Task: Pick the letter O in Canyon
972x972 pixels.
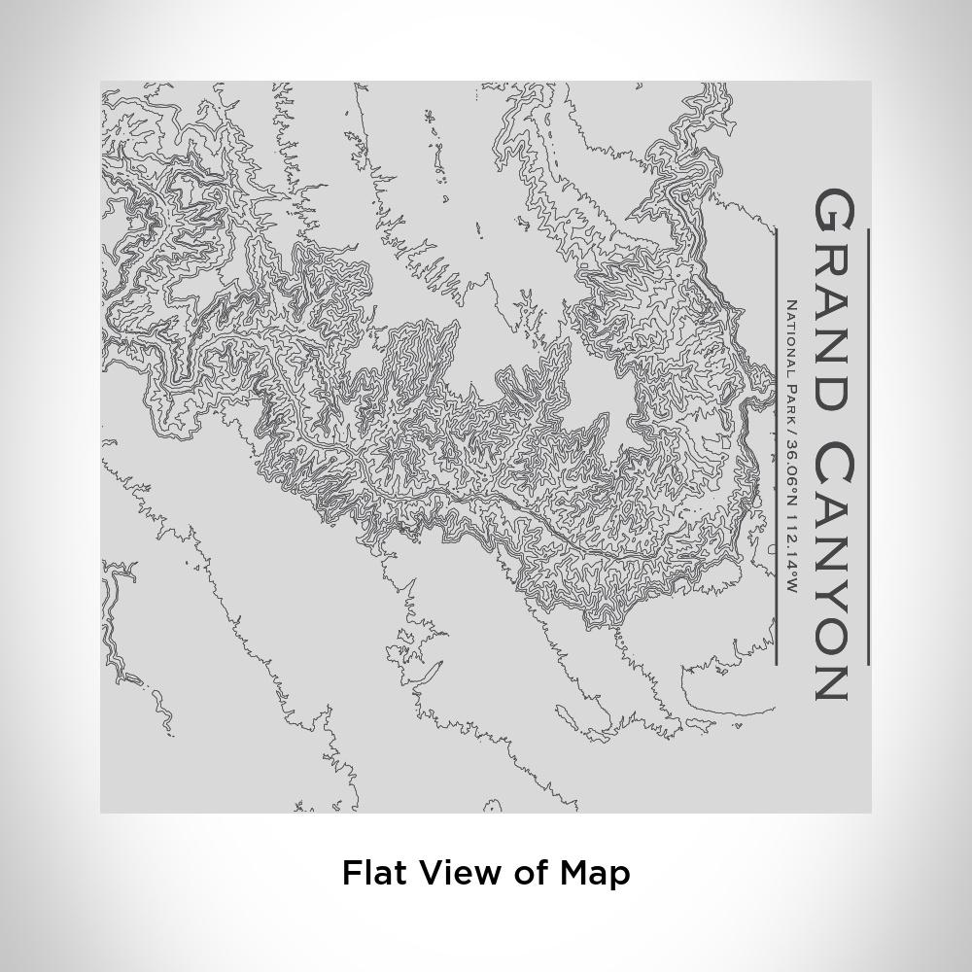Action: coord(833,630)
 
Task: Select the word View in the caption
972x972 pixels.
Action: coord(457,872)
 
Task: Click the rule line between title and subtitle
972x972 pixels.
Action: coord(777,447)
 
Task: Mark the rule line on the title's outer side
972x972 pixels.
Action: coord(867,447)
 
